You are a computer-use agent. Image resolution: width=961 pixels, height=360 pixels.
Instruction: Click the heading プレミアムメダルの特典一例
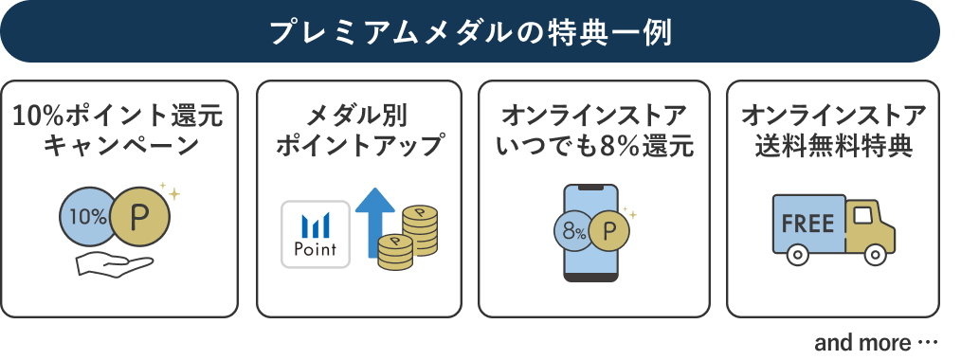(470, 31)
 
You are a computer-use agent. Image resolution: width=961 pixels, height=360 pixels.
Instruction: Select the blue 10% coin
(87, 216)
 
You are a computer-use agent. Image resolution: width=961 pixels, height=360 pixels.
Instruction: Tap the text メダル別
(358, 117)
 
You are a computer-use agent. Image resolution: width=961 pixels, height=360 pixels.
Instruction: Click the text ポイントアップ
(358, 147)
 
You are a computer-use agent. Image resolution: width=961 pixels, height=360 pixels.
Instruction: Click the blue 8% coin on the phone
(573, 230)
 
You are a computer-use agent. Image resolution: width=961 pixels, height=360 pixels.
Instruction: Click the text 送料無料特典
(833, 147)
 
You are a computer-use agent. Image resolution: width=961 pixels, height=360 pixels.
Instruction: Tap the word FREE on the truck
(808, 225)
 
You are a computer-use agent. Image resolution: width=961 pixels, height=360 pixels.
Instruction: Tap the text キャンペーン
(118, 147)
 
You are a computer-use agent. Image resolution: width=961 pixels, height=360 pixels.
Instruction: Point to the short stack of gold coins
(393, 251)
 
